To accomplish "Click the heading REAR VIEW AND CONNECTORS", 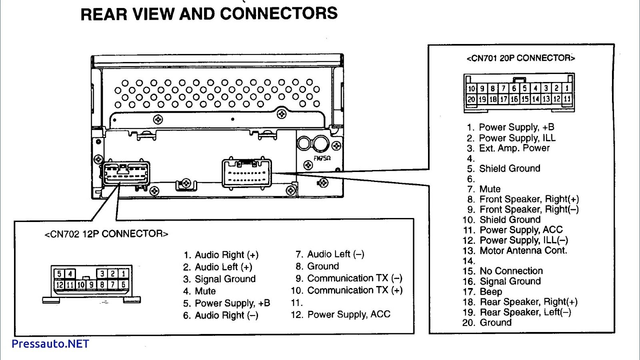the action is [x=209, y=14].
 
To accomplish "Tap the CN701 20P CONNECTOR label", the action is [x=520, y=58].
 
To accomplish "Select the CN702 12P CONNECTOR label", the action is [x=106, y=234].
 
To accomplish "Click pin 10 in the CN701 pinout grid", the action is [x=472, y=88].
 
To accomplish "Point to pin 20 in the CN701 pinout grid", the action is [x=472, y=99].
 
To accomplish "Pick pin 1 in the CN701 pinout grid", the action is [x=567, y=88].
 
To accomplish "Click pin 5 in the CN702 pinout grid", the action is [x=59, y=274].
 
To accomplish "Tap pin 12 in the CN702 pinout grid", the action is [x=60, y=284].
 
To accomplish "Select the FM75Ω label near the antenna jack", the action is [x=322, y=158].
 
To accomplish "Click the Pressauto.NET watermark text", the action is [x=50, y=344].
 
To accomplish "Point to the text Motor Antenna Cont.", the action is [x=523, y=250].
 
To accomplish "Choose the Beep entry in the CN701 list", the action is [x=491, y=292].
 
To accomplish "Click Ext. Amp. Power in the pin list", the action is [x=514, y=148].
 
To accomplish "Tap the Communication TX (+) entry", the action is [x=354, y=290].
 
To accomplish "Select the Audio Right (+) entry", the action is [x=226, y=255].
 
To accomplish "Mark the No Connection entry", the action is [x=511, y=271].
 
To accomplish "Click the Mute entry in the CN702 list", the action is [x=205, y=291].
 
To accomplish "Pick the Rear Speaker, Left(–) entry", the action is [x=526, y=312].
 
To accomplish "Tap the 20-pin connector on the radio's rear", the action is [x=246, y=173].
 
